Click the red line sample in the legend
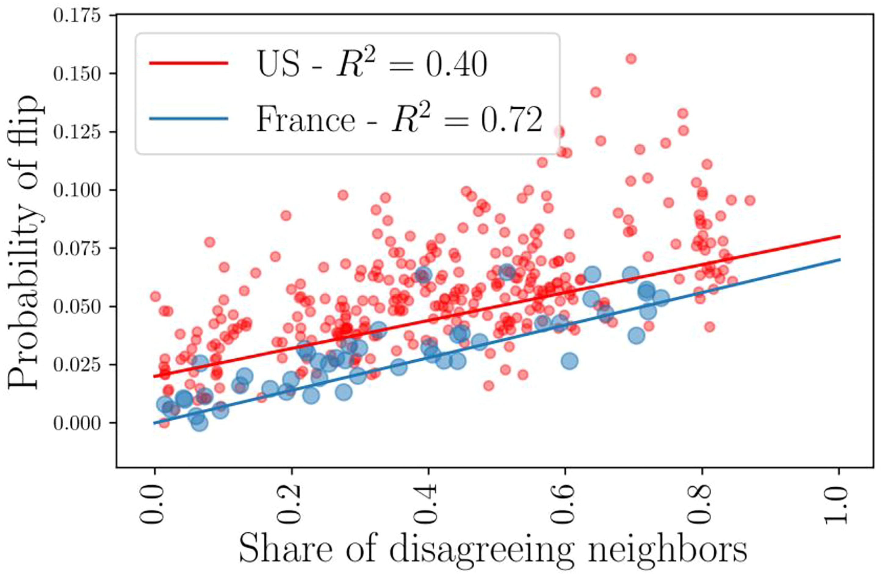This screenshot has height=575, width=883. click(189, 63)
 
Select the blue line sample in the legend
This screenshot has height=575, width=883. click(189, 119)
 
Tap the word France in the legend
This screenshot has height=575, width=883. click(306, 120)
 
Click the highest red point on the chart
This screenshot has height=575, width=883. click(631, 59)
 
